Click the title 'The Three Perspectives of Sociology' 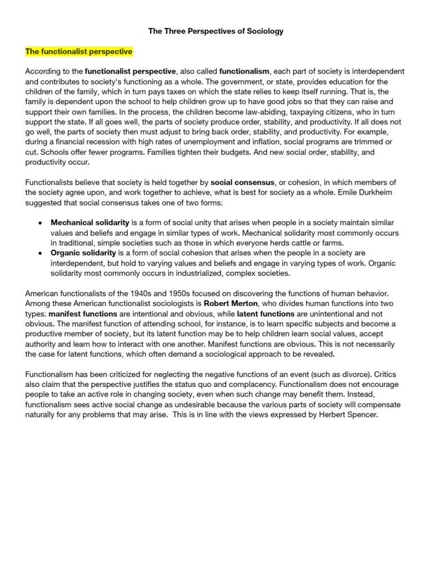[x=216, y=31]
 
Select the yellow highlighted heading [x=79, y=52]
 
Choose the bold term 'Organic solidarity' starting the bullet [x=83, y=253]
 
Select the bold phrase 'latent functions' [x=265, y=314]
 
